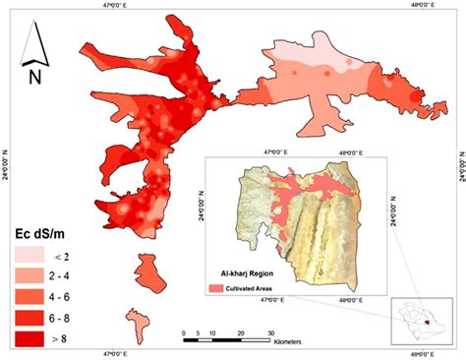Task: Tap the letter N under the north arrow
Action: pyautogui.click(x=33, y=75)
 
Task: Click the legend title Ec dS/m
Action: pyautogui.click(x=38, y=234)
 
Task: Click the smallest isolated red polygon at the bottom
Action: pyautogui.click(x=135, y=322)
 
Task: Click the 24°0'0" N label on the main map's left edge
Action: pyautogui.click(x=7, y=164)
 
